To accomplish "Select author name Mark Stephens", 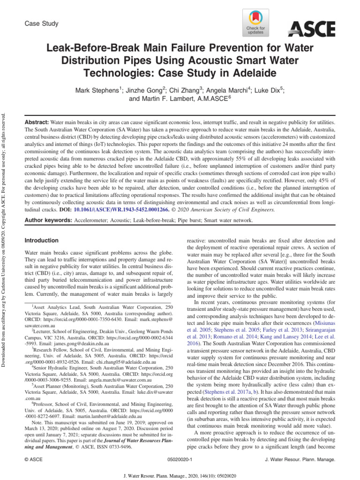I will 98,90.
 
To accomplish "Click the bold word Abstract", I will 37,121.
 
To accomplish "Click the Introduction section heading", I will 41,240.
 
